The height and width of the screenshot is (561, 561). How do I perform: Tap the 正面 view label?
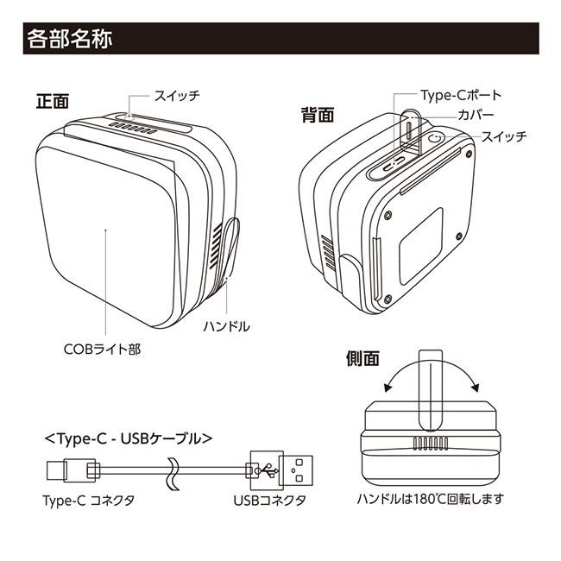[x=52, y=100]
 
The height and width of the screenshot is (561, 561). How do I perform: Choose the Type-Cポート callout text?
[x=461, y=95]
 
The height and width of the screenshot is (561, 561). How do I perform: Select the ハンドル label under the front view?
[x=226, y=326]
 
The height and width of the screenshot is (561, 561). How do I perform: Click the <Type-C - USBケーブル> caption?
[x=128, y=438]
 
